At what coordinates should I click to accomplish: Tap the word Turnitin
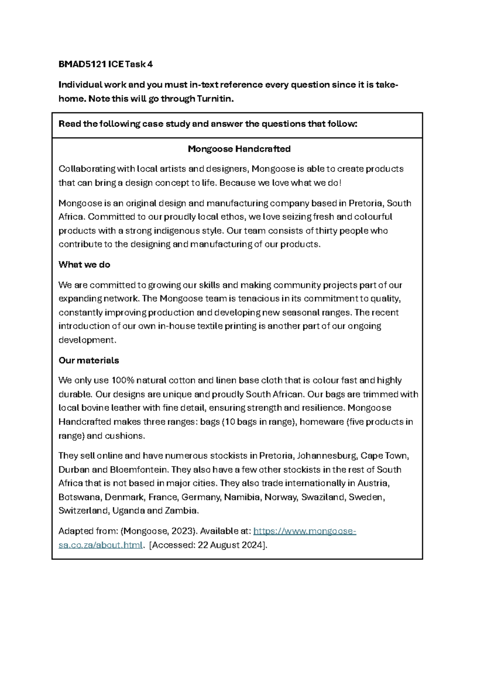click(215, 99)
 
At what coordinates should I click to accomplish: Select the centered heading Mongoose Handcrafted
click(239, 149)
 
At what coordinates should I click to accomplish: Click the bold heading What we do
click(84, 265)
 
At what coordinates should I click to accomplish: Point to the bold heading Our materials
click(89, 360)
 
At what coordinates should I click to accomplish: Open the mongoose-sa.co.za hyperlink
click(305, 531)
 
